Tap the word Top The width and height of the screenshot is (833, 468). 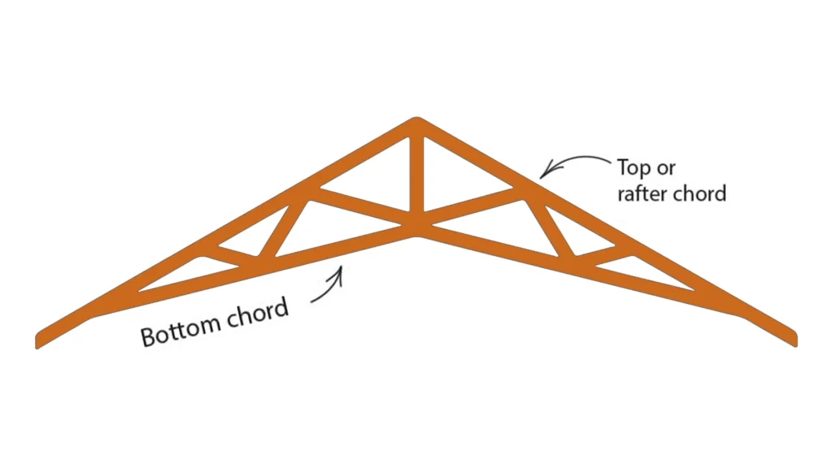pos(635,169)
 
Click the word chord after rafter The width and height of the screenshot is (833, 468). pos(700,194)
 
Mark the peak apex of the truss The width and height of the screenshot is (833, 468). pos(416,120)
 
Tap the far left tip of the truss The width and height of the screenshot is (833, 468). pos(39,340)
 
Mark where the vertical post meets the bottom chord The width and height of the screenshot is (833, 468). pos(416,227)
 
